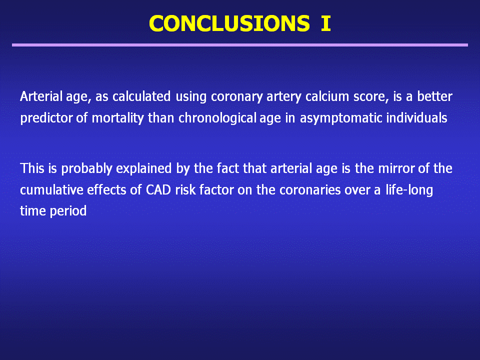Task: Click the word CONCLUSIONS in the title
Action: click(x=229, y=23)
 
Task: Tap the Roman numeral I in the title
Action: click(x=326, y=23)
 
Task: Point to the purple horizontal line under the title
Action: click(x=240, y=45)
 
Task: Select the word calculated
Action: click(x=141, y=96)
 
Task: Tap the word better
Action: click(x=434, y=96)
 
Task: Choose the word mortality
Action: click(x=118, y=118)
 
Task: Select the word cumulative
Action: click(x=51, y=190)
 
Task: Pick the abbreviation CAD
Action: click(x=158, y=190)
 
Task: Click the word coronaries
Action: click(x=310, y=190)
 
